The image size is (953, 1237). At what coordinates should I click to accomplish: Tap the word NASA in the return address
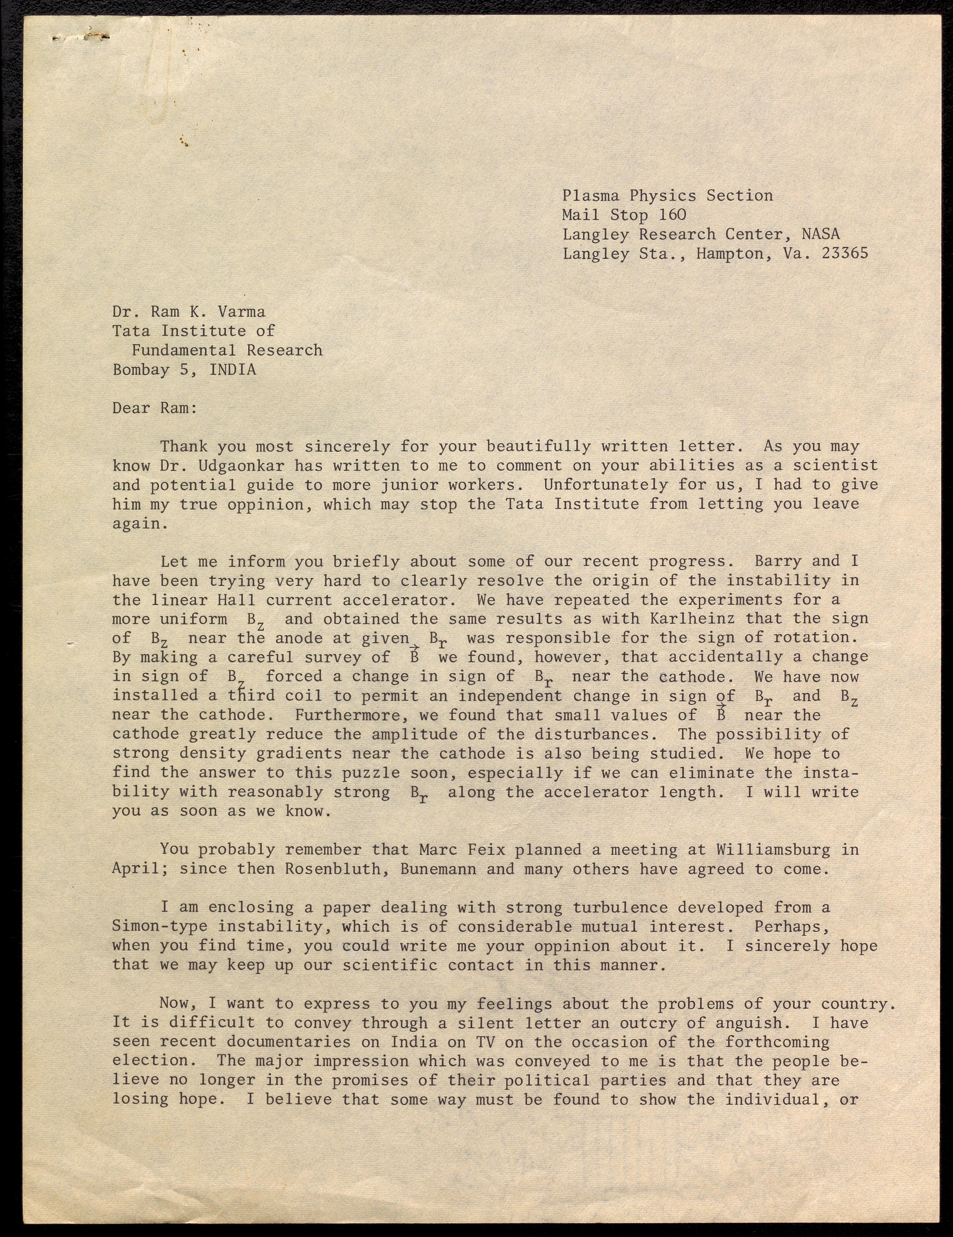(821, 234)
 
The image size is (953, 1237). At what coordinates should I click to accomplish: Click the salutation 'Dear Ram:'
(155, 408)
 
